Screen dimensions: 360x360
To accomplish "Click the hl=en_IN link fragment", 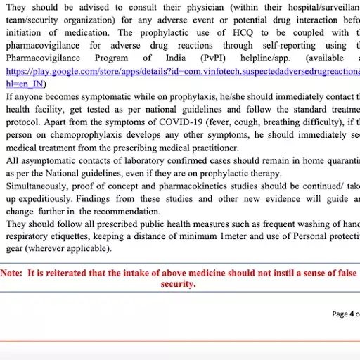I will pyautogui.click(x=25, y=84).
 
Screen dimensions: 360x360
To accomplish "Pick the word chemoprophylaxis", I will pyautogui.click(x=79, y=135).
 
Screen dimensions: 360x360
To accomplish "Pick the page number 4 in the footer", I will pyautogui.click(x=352, y=314).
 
